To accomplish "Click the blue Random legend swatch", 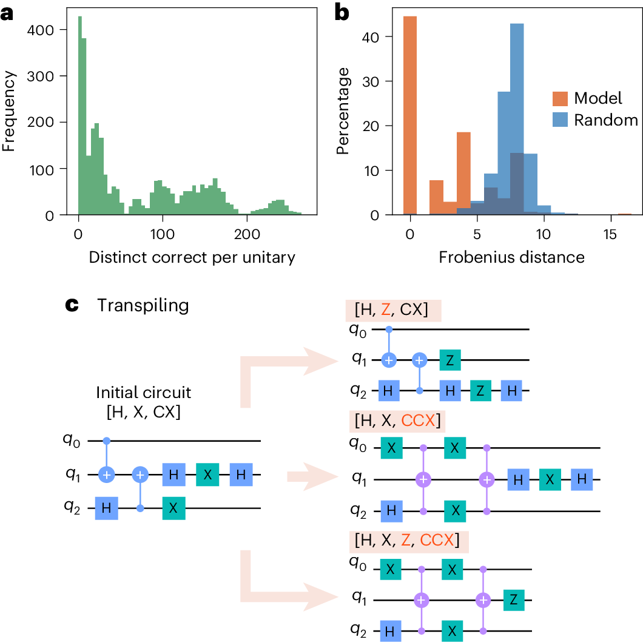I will (x=561, y=120).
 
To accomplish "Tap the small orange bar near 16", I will (x=625, y=214).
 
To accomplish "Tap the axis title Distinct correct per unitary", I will (x=192, y=257).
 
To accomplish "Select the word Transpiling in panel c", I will (x=143, y=305).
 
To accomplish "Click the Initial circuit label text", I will (x=144, y=393).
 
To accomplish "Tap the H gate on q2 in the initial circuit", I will (x=106, y=509).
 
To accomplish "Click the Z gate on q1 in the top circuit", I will (x=449, y=360).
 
